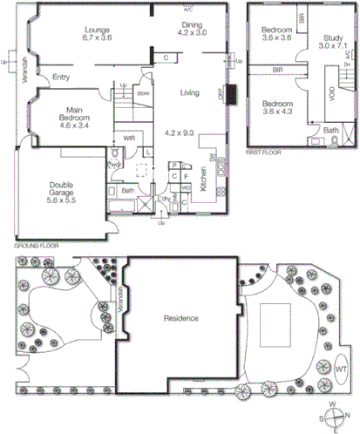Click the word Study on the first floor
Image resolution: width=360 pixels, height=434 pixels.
click(331, 37)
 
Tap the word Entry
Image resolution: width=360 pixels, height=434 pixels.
click(61, 78)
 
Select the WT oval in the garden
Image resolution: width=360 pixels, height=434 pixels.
click(340, 369)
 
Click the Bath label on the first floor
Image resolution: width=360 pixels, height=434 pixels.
click(331, 130)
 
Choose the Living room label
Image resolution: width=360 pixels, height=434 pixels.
click(189, 92)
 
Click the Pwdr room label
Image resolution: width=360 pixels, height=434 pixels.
click(113, 165)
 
